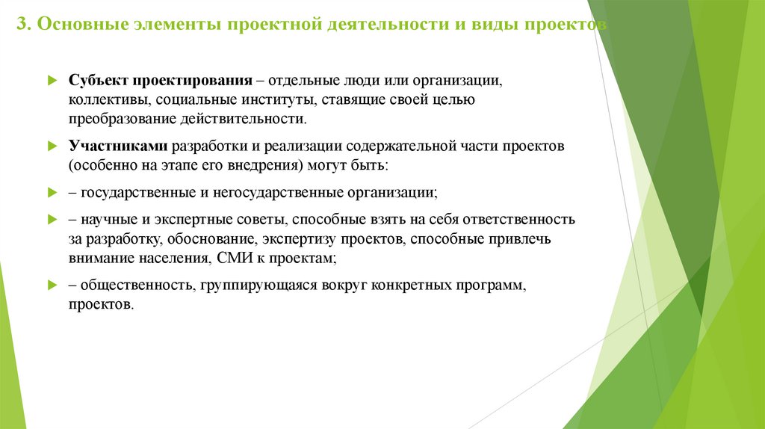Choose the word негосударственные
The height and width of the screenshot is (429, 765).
[x=277, y=192]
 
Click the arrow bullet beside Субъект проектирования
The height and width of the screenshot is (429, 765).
[x=52, y=80]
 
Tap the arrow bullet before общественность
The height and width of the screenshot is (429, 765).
[x=52, y=286]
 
